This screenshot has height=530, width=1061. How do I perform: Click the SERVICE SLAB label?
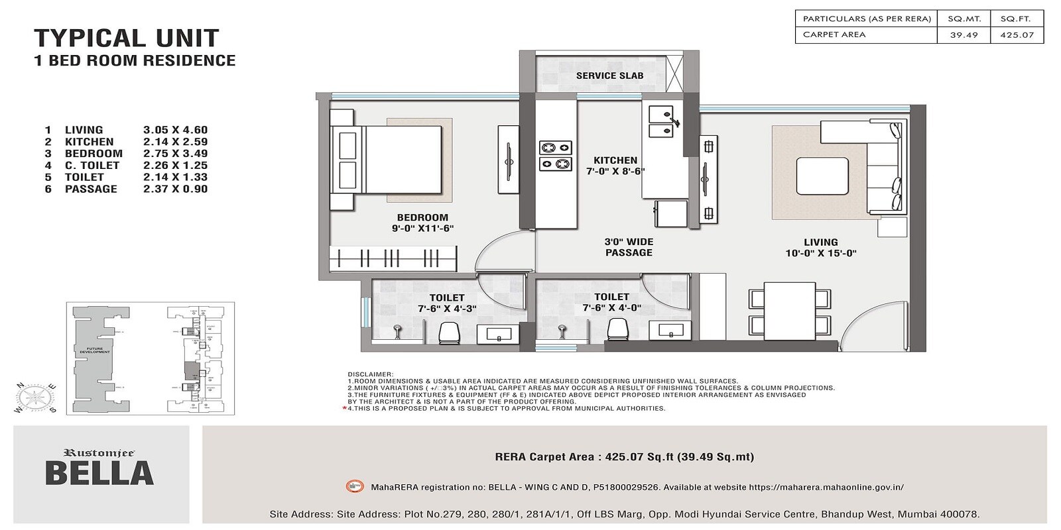[609, 76]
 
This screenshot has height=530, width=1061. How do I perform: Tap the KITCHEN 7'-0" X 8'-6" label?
[615, 166]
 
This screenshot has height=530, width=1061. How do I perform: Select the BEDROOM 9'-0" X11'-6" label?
[422, 223]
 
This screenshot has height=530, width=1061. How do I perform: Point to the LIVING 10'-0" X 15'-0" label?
[820, 248]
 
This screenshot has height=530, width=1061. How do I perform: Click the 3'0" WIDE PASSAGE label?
[629, 247]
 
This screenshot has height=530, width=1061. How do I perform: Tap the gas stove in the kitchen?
[556, 155]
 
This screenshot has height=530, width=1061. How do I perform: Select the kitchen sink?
[661, 122]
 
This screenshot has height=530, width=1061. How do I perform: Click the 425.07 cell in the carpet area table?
[1017, 35]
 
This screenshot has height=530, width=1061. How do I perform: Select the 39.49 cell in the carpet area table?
[964, 35]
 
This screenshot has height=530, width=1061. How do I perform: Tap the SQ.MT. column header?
[964, 19]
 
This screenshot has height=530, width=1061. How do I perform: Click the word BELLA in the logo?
[99, 474]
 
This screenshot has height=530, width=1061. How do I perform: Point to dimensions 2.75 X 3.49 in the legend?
[175, 154]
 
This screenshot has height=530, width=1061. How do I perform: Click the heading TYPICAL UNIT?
[126, 38]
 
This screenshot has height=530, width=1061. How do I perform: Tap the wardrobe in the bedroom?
[393, 258]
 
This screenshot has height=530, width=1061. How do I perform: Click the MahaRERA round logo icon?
[355, 487]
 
